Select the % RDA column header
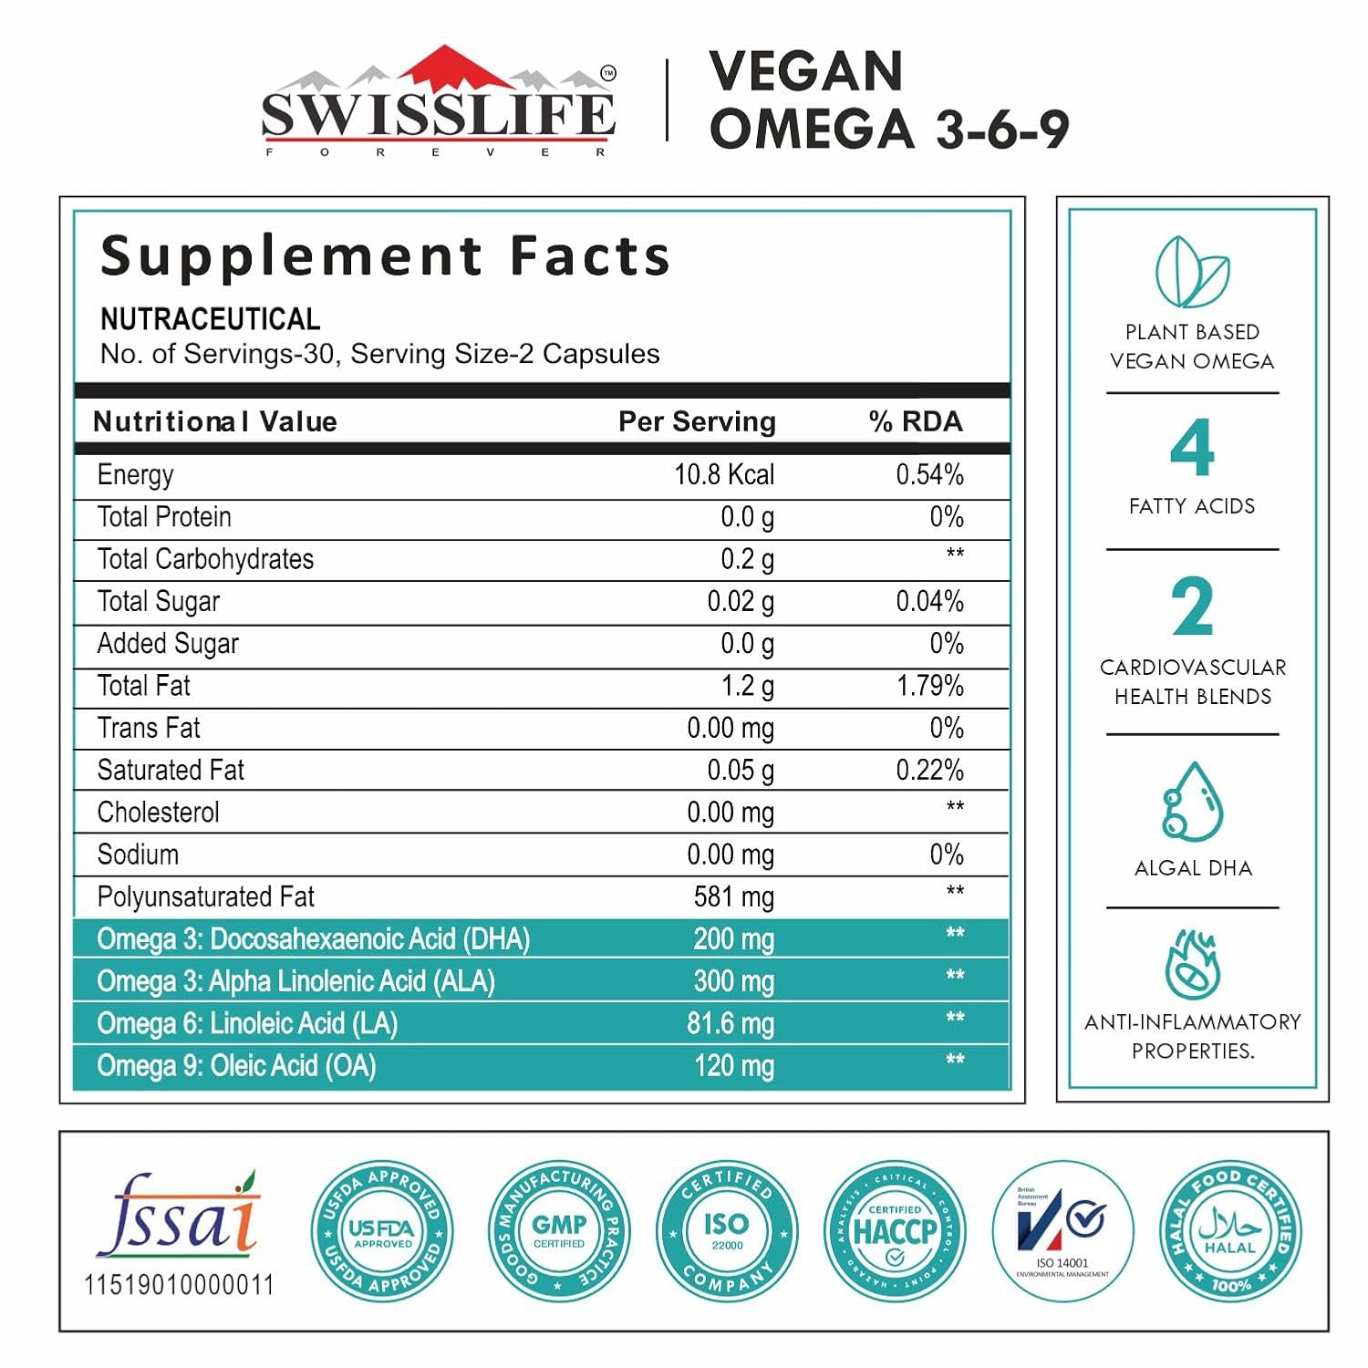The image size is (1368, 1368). pos(915,421)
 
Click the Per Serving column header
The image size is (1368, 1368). pos(697,421)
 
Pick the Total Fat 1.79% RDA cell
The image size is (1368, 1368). pos(929,686)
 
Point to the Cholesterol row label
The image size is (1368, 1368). pos(158,812)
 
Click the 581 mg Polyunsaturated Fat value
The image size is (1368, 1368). pos(733,896)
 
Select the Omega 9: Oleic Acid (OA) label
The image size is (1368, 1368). pos(236,1065)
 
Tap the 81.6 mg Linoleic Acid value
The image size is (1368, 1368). pos(730,1023)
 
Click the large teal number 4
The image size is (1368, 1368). pos(1192,448)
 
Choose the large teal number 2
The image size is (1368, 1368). pos(1192,607)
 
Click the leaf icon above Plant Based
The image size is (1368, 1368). pos(1191,272)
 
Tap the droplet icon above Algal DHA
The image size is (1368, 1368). pos(1191,803)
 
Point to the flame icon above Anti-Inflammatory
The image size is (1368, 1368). pos(1192,964)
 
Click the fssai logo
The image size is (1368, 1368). pos(179,1218)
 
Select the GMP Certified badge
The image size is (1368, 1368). pos(559,1232)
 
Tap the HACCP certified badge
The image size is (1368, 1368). pos(894,1232)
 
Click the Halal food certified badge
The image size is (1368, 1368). pos(1229,1232)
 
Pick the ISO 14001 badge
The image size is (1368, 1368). pos(1062,1232)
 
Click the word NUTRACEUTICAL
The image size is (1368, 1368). pos(210,319)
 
